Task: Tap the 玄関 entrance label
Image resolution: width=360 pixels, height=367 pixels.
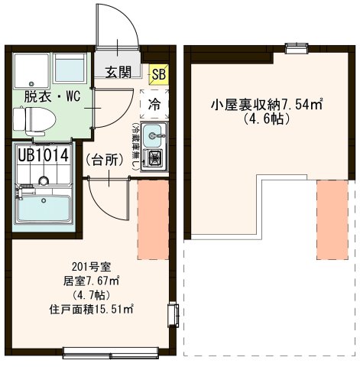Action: [118, 73]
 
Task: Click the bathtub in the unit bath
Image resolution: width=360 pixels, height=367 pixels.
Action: [44, 206]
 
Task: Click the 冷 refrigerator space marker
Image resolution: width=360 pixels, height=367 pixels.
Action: [154, 102]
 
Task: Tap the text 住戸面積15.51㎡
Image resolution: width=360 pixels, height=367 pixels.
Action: [91, 310]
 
